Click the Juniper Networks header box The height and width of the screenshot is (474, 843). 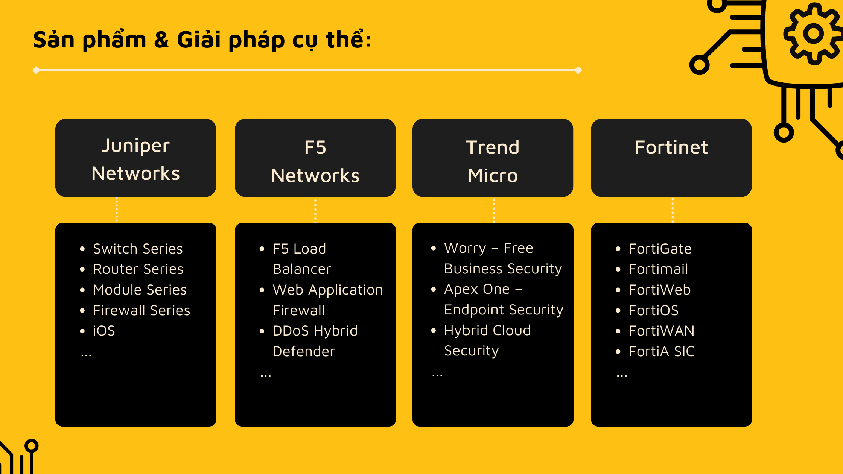135,158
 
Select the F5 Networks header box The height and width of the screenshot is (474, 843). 315,158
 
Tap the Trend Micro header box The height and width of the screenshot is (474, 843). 493,158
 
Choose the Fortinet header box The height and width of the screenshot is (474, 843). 671,158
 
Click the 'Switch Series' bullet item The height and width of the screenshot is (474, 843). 138,249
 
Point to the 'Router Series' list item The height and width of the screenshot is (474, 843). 138,269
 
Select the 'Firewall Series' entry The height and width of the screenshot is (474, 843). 142,310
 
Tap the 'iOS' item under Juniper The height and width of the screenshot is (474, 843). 104,331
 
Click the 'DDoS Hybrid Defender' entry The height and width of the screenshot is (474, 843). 315,341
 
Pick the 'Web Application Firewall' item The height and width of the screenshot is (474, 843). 328,300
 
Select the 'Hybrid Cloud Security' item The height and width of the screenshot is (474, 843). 487,340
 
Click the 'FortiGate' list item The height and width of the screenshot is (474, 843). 660,249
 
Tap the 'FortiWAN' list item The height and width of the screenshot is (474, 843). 662,331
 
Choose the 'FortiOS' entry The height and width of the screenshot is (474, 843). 654,310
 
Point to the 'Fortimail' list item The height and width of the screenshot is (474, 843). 658,269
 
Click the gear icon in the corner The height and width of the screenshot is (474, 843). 813,34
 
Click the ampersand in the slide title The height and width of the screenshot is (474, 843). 161,40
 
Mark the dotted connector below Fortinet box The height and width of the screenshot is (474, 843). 673,210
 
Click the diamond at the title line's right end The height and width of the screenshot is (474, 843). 578,70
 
